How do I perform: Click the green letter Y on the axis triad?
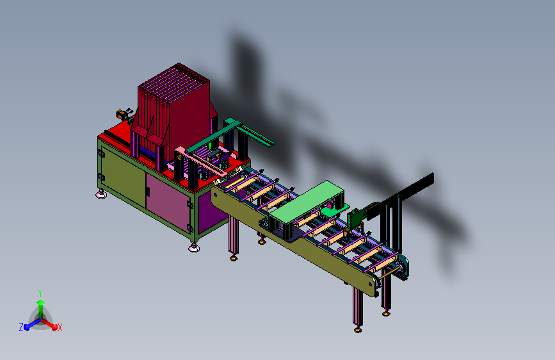pyautogui.click(x=40, y=293)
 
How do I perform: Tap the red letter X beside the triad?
pyautogui.click(x=60, y=328)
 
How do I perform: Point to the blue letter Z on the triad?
pyautogui.click(x=21, y=327)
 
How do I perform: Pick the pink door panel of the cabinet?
pyautogui.click(x=168, y=202)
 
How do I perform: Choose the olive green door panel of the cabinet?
pyautogui.click(x=123, y=176)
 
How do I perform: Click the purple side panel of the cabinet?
pyautogui.click(x=212, y=213)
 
